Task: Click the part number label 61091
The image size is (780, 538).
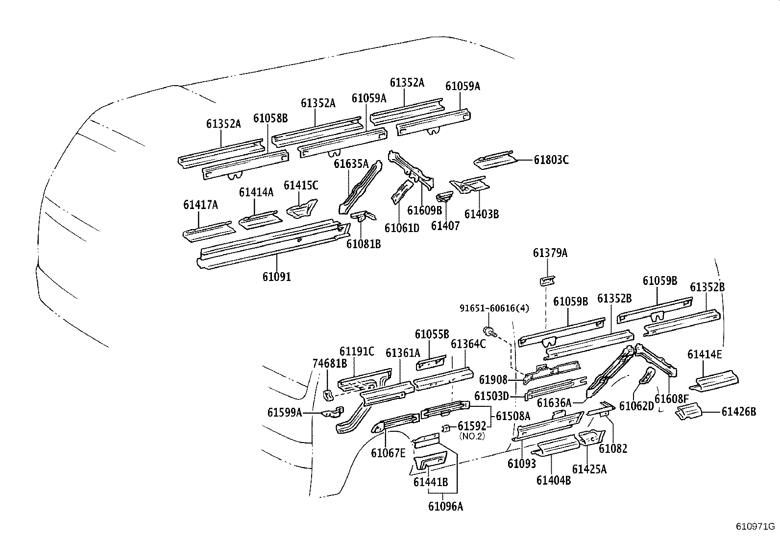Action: [x=276, y=277]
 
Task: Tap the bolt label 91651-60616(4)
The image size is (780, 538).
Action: [x=494, y=308]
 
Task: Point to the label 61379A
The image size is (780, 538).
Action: [x=550, y=253]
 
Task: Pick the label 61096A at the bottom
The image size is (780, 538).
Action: [x=445, y=507]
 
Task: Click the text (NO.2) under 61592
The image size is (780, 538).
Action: [x=471, y=436]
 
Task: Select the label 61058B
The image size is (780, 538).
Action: [x=270, y=118]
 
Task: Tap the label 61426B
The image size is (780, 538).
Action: [x=738, y=412]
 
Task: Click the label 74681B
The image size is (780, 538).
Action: [x=330, y=363]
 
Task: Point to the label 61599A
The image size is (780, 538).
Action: [x=285, y=413]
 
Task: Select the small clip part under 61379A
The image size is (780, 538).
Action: [x=548, y=281]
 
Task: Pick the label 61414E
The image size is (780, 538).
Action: [x=705, y=354]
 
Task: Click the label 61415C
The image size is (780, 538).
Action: [x=301, y=185]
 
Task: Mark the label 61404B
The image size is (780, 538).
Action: [x=554, y=480]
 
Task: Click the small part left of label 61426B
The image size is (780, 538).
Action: [x=688, y=412]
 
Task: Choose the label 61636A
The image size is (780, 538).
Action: [x=554, y=403]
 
